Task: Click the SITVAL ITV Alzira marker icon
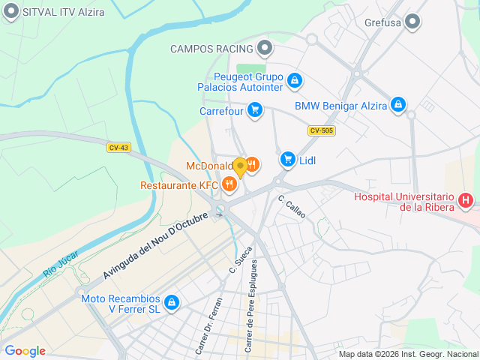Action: tap(11, 12)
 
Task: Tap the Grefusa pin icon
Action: tap(412, 22)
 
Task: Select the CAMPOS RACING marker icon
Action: tap(264, 49)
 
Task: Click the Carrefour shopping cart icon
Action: tap(255, 110)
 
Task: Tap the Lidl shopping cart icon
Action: tap(287, 159)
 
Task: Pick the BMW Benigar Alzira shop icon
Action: tap(399, 105)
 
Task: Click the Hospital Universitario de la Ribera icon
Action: tap(466, 200)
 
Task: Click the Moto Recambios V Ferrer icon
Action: tap(172, 302)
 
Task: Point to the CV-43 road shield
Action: tap(118, 148)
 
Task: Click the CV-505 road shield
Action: tap(321, 130)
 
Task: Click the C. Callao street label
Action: tap(292, 206)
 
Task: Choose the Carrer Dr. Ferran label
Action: tap(209, 325)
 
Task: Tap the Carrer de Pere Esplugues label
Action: tap(253, 307)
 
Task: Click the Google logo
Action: tap(25, 351)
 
